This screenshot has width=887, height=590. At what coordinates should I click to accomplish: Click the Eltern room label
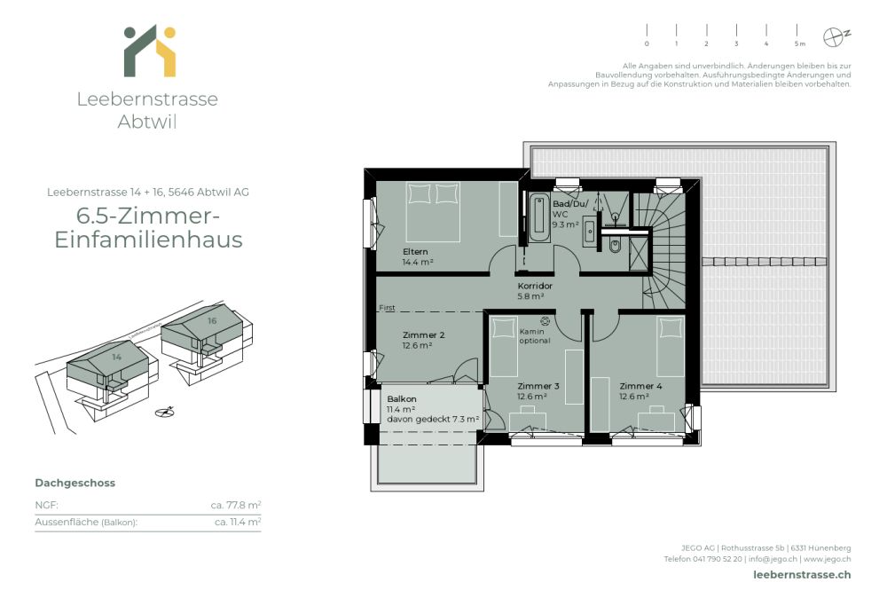[415, 252]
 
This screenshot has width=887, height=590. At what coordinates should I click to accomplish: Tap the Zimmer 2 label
[423, 334]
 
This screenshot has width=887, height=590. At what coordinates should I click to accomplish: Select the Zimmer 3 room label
[538, 386]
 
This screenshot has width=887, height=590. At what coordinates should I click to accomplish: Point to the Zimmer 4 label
[640, 386]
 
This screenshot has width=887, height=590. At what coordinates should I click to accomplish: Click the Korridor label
[535, 287]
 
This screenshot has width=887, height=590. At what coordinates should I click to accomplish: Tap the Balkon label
[402, 398]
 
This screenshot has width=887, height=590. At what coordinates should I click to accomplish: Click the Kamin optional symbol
[545, 321]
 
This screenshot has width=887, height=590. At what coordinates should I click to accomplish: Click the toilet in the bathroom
[615, 246]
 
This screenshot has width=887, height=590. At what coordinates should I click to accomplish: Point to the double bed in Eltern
[434, 211]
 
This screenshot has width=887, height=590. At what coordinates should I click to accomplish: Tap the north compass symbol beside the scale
[834, 37]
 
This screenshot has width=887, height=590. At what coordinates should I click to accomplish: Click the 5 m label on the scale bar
[799, 43]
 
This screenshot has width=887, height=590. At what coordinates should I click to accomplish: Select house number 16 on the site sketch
[212, 320]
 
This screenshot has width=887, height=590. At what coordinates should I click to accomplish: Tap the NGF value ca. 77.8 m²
[235, 505]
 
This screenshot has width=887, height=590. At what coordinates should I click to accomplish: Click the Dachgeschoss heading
[75, 483]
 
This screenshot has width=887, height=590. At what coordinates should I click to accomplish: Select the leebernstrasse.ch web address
[795, 575]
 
